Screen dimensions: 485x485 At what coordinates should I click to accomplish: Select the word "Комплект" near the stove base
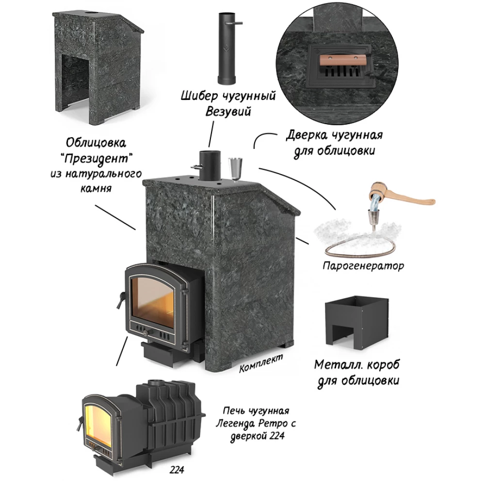click(x=261, y=364)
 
